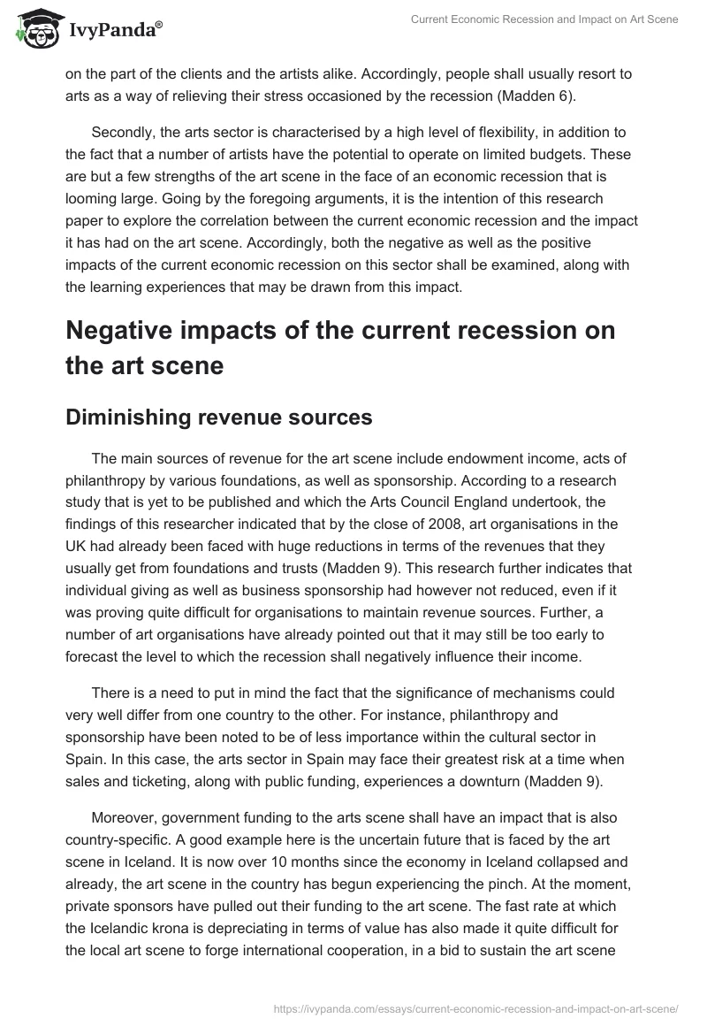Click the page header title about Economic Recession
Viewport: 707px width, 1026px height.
coord(544,19)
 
